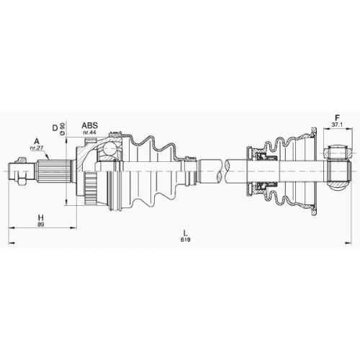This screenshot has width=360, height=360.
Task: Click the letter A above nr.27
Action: tap(37, 141)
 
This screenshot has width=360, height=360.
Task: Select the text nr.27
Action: tap(37, 148)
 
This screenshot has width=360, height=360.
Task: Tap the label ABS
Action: tap(90, 125)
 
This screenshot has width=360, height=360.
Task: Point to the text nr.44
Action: tap(89, 132)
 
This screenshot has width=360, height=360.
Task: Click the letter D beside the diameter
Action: tap(55, 128)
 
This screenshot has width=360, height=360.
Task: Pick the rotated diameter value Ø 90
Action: tap(63, 129)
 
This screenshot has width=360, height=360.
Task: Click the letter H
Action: tap(41, 218)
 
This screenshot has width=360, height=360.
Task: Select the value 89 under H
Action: tap(41, 225)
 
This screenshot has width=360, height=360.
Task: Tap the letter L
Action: tap(185, 233)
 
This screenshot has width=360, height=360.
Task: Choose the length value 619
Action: tap(186, 240)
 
